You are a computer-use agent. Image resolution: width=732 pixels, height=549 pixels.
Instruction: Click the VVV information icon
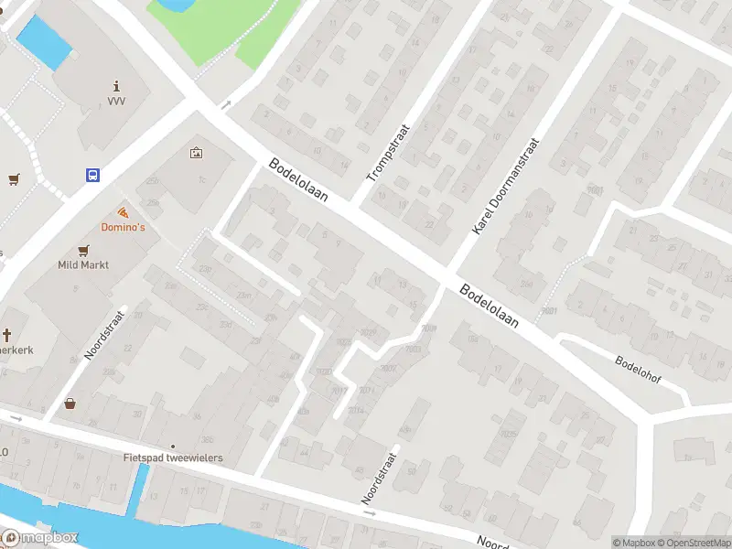pyautogui.click(x=116, y=84)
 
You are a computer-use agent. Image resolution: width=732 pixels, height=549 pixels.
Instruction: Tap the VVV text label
pyautogui.click(x=116, y=102)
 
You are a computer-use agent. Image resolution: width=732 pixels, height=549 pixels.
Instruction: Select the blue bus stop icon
pyautogui.click(x=93, y=175)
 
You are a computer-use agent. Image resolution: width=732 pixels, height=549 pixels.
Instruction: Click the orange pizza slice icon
pyautogui.click(x=123, y=212)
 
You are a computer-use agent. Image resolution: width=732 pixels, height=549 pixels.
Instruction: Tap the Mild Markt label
pyautogui.click(x=83, y=264)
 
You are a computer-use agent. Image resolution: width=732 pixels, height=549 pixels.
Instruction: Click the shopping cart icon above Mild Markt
pyautogui.click(x=84, y=250)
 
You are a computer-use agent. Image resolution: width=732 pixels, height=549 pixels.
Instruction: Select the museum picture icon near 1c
pyautogui.click(x=196, y=153)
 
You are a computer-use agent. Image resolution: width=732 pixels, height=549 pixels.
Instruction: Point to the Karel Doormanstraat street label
pyautogui.click(x=506, y=188)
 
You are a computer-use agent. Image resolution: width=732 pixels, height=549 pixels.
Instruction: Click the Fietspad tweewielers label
pyautogui.click(x=173, y=457)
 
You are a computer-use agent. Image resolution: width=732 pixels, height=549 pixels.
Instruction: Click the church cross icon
pyautogui.click(x=6, y=335)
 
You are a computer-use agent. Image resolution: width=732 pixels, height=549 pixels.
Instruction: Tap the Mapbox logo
pyautogui.click(x=41, y=538)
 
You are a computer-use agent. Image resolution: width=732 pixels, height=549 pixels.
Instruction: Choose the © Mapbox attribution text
pyautogui.click(x=633, y=543)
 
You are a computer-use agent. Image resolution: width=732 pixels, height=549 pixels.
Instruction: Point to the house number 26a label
pyautogui.click(x=526, y=284)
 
